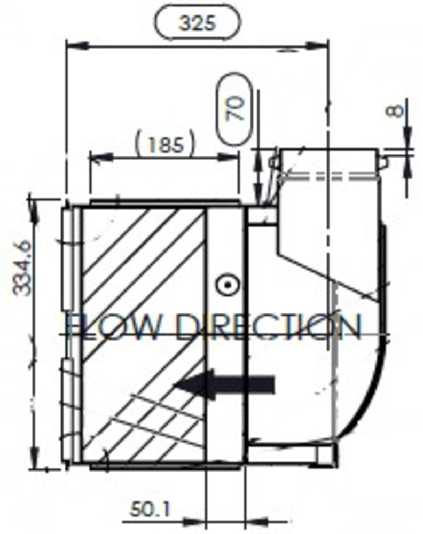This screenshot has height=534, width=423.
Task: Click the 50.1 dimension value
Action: pyautogui.click(x=150, y=510)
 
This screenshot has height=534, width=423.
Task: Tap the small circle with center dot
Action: pyautogui.click(x=225, y=286)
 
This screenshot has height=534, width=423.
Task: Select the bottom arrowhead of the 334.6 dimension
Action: pyautogui.click(x=36, y=459)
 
